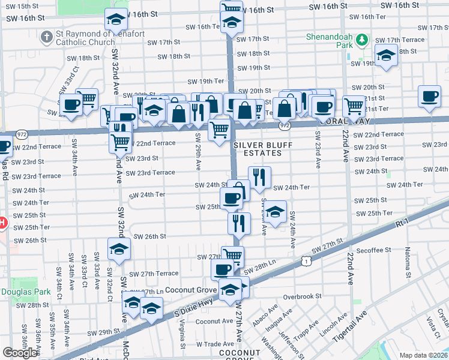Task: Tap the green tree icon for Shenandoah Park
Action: click(x=361, y=40)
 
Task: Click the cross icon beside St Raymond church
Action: click(x=46, y=37)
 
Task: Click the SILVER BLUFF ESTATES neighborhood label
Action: click(x=258, y=149)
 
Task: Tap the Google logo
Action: click(x=20, y=353)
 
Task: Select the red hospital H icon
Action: click(x=2, y=223)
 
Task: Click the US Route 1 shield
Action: click(x=307, y=261)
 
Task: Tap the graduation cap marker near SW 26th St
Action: click(x=119, y=248)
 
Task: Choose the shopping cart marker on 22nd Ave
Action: click(x=354, y=106)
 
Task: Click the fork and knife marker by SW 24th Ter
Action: click(x=259, y=176)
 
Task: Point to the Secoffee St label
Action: click(x=373, y=250)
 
